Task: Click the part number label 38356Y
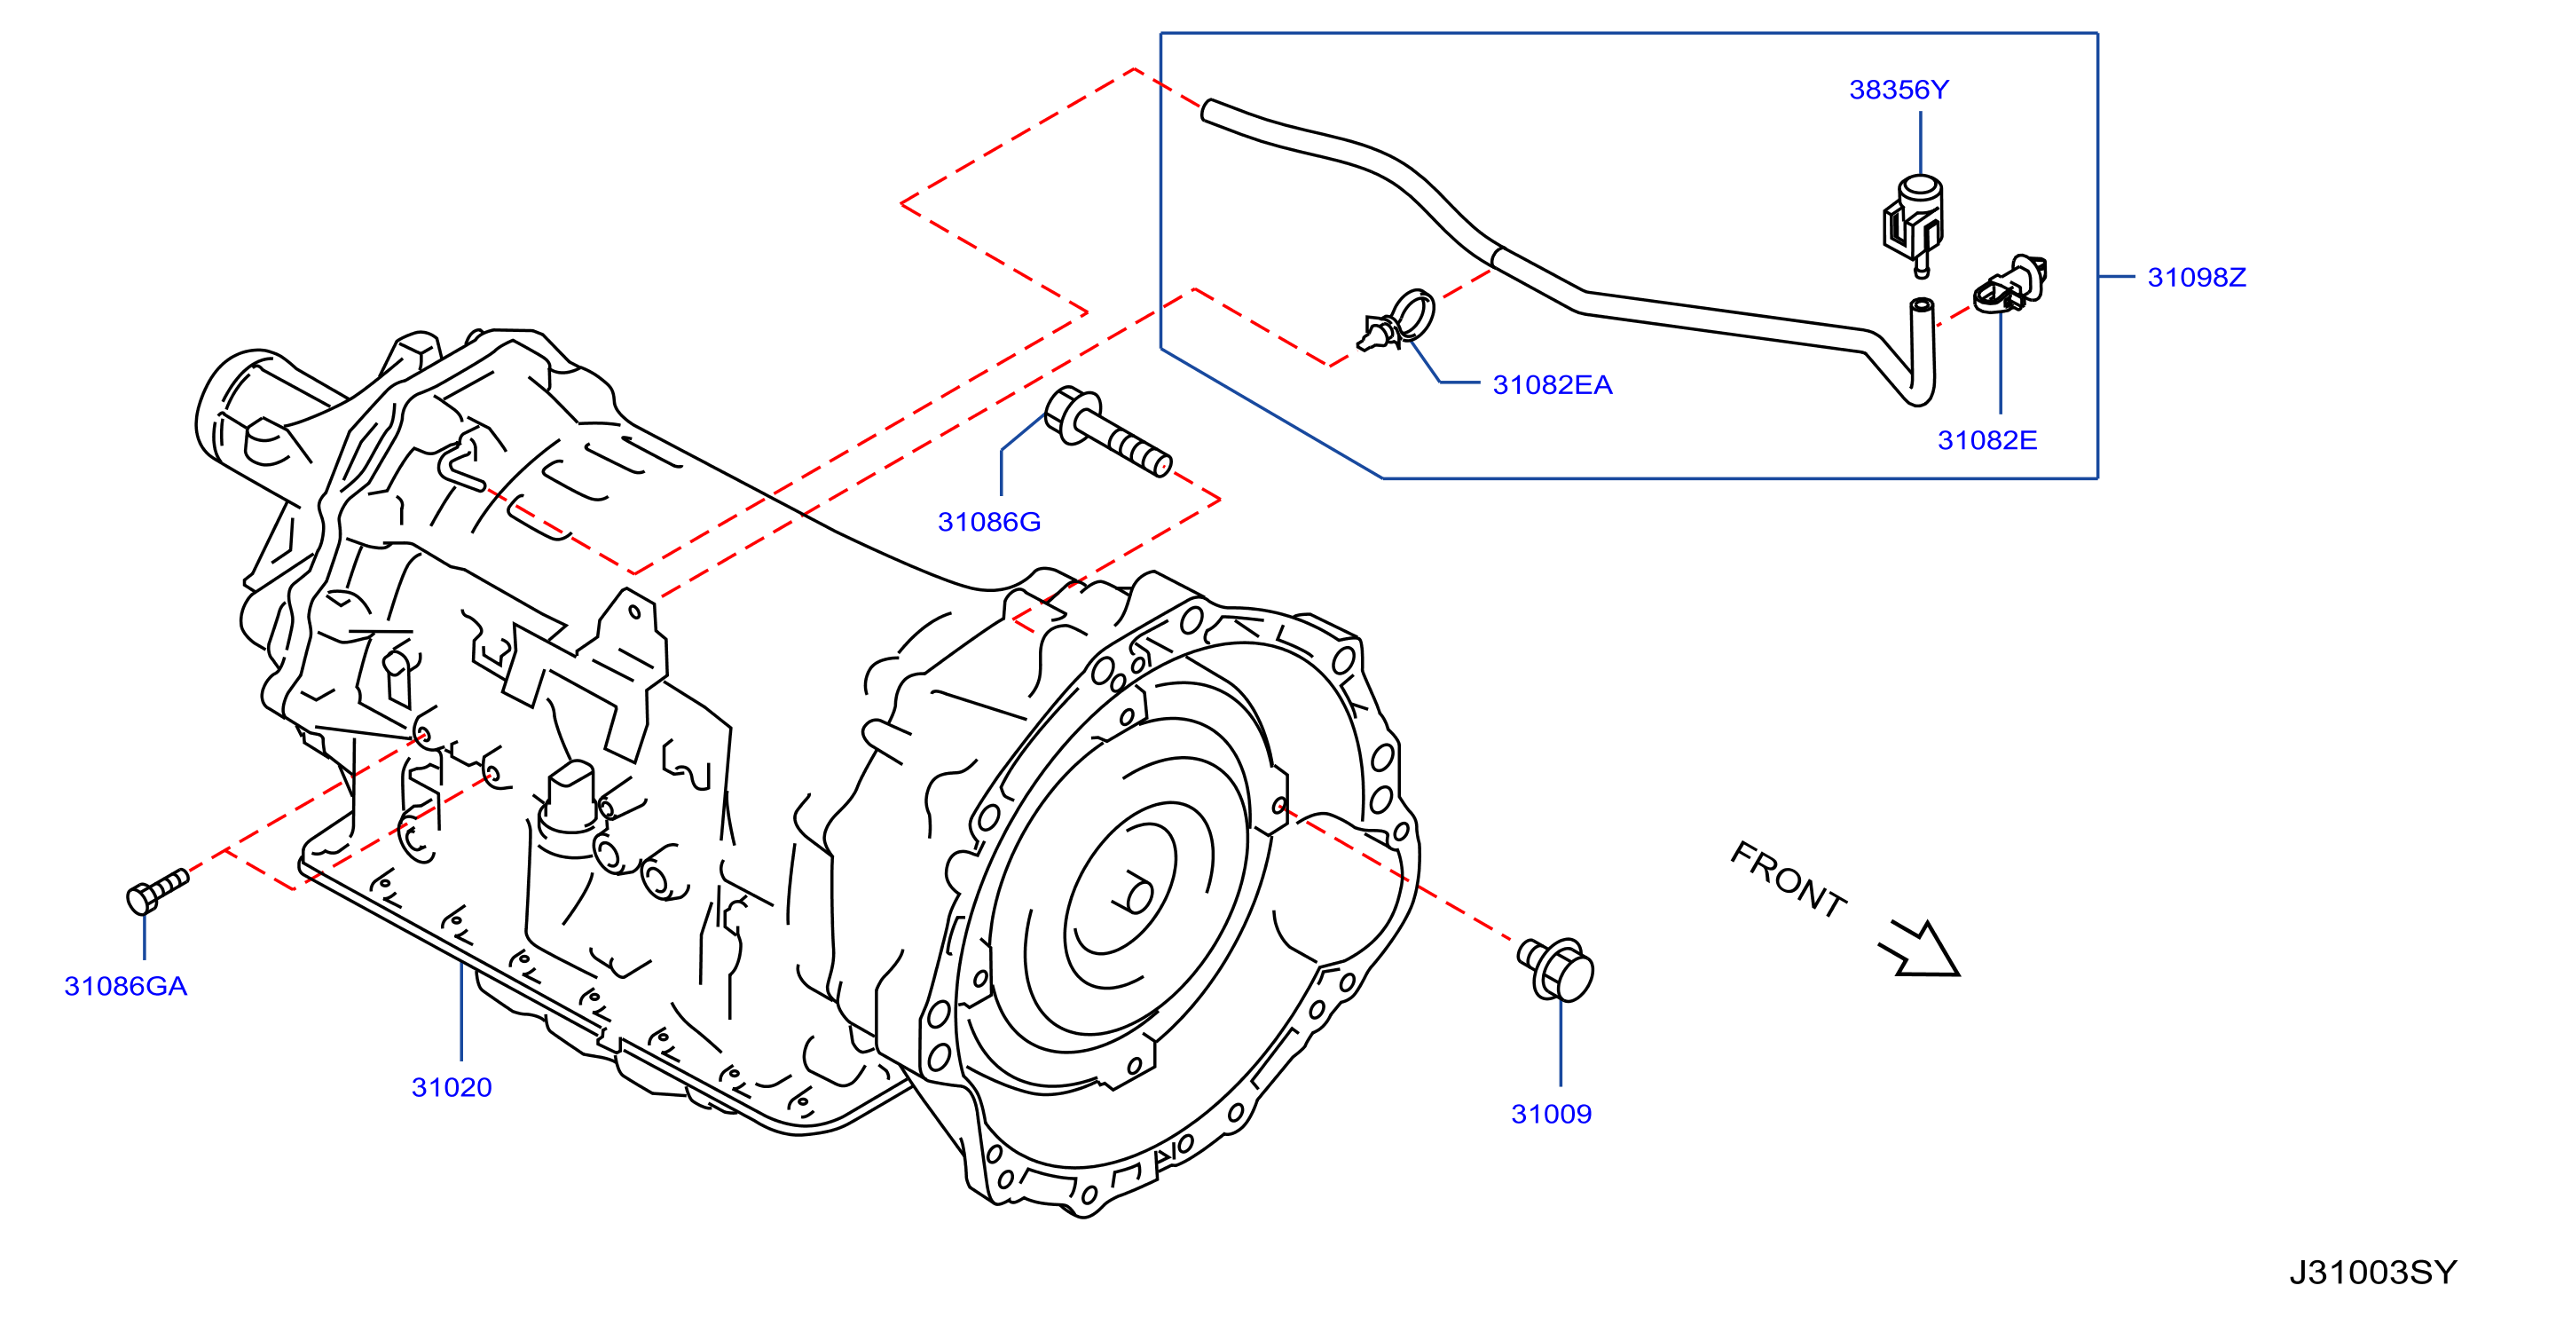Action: [x=1899, y=90]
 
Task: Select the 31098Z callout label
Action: [x=2197, y=277]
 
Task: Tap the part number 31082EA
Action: [x=1553, y=385]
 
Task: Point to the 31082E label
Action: [x=1987, y=441]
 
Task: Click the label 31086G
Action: [x=989, y=522]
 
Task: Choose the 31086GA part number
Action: [x=126, y=987]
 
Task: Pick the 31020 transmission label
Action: [x=452, y=1088]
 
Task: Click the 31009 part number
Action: [x=1551, y=1115]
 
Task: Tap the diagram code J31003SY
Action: [x=2372, y=1273]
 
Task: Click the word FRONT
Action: [x=1788, y=879]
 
